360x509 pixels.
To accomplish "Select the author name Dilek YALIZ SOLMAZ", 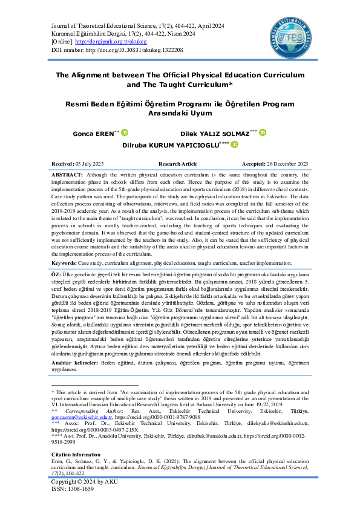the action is [x=214, y=132].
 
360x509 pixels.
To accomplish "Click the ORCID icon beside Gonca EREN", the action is [x=125, y=132].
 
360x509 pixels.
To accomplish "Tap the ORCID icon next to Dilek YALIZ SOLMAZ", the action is [x=262, y=132].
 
